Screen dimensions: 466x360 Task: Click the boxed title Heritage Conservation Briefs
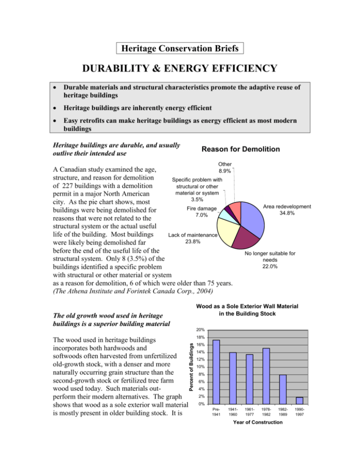(180, 48)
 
